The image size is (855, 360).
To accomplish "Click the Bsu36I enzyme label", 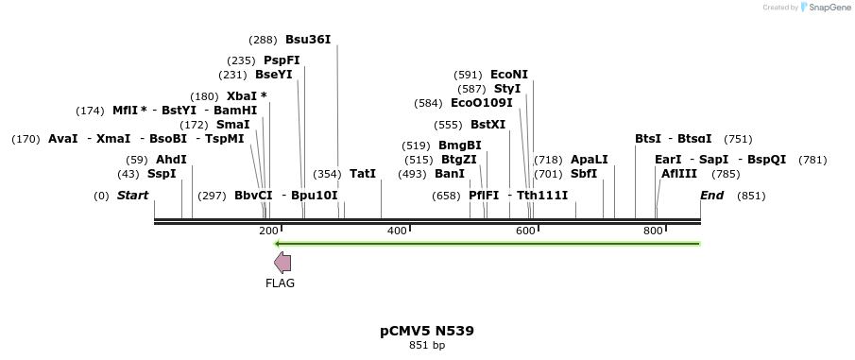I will coord(308,40).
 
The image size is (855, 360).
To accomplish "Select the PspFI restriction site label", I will coord(282,60).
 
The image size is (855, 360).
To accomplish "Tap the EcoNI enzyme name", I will coord(509,75).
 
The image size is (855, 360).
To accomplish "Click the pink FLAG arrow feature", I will coord(282,264).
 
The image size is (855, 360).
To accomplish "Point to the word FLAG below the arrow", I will coord(280,283).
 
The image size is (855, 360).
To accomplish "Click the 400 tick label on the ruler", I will coord(397,231).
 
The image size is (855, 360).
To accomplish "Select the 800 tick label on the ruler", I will coord(653,231).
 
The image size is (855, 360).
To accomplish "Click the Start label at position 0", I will coord(132,196).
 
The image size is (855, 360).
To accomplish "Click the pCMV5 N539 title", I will coord(427,331).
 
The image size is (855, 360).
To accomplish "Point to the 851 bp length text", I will coord(427,345).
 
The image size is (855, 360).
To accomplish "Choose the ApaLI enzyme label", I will coord(590,160).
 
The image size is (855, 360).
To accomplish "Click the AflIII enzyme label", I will coord(679,174).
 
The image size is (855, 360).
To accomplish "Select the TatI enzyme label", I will coord(363,174).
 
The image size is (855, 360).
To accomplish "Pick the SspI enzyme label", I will coord(162,174).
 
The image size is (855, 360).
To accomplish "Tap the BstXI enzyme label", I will coord(487,125).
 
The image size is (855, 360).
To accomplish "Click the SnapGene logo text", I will coord(826,8).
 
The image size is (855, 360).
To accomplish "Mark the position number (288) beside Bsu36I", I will coord(263,40).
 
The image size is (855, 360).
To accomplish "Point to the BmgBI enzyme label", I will coord(460,146).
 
